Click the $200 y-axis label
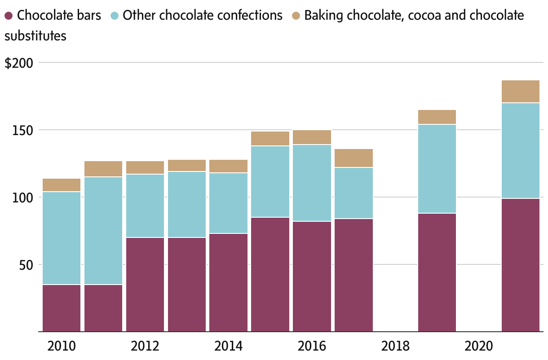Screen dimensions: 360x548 click(x=19, y=63)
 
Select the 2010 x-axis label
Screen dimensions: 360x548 click(x=62, y=346)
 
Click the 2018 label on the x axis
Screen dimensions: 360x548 click(x=395, y=346)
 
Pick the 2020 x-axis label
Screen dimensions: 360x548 click(x=479, y=346)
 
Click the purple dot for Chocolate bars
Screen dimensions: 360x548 click(x=9, y=16)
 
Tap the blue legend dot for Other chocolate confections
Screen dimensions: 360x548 click(x=115, y=16)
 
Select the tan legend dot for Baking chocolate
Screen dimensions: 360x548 click(x=296, y=16)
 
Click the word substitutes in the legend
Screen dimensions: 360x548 click(x=35, y=36)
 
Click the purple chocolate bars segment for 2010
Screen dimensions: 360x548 click(x=62, y=308)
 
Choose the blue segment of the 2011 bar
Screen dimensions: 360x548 click(x=103, y=231)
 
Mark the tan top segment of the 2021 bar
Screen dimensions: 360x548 click(x=521, y=92)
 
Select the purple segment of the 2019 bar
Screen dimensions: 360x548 click(x=437, y=272)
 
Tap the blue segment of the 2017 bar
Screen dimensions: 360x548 click(x=354, y=193)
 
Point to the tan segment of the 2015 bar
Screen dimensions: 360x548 click(x=270, y=139)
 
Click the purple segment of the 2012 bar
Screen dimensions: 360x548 click(x=145, y=285)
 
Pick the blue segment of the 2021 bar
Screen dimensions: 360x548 click(x=521, y=151)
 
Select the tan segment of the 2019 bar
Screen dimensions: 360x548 click(x=437, y=117)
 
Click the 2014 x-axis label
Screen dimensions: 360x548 click(x=228, y=346)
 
